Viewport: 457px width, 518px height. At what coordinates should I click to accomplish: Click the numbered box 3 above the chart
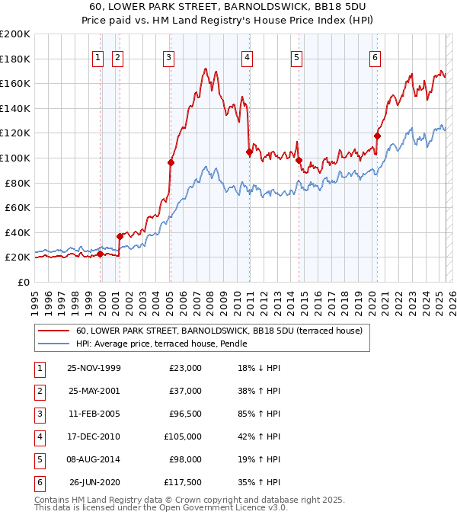click(x=168, y=57)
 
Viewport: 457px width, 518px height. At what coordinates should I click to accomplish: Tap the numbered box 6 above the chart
click(x=376, y=57)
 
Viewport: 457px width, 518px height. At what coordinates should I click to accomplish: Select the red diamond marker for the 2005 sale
click(x=171, y=162)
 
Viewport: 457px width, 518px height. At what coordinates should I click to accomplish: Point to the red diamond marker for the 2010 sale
click(x=249, y=152)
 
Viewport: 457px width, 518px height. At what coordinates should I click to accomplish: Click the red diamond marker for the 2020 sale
click(x=377, y=136)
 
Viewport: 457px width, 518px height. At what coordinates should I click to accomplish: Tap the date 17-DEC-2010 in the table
click(x=94, y=437)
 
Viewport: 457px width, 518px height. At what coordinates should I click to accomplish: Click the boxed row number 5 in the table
click(x=39, y=460)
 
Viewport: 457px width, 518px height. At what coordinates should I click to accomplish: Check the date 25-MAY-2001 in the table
click(x=94, y=392)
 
